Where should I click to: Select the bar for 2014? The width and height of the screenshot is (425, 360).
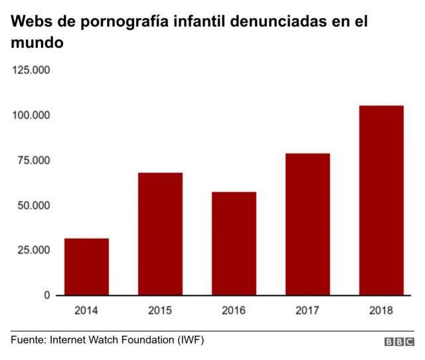(x=86, y=266)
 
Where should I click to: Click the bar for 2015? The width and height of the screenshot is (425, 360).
(x=160, y=234)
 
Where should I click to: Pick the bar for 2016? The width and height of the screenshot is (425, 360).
(x=234, y=243)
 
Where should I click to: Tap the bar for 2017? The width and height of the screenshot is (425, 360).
(x=307, y=224)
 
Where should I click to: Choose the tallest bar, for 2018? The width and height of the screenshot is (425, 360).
(x=381, y=200)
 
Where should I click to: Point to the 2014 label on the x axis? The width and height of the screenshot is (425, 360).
(x=86, y=310)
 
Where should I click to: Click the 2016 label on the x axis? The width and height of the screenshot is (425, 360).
(x=234, y=310)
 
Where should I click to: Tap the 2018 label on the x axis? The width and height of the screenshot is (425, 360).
(x=381, y=310)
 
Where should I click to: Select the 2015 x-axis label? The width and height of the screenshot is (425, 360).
(x=160, y=310)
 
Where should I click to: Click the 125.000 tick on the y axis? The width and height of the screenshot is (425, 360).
(x=32, y=70)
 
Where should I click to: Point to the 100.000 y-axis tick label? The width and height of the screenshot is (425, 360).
(x=32, y=116)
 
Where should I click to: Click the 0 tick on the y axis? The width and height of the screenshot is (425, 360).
(x=47, y=295)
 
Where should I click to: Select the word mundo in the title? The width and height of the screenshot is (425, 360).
(x=37, y=44)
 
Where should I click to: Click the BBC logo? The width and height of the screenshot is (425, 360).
(x=399, y=341)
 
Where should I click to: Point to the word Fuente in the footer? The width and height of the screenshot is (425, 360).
(x=27, y=340)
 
